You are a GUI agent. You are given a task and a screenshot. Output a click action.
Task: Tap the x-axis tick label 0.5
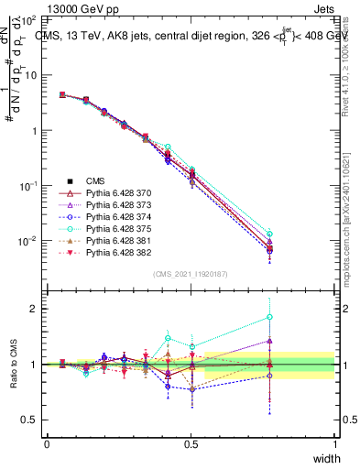(x=191, y=444)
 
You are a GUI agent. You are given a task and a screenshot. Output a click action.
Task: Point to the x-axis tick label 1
(x=335, y=444)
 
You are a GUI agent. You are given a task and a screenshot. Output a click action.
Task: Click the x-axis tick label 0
(x=47, y=444)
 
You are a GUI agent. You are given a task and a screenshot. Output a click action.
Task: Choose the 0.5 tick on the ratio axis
(x=28, y=420)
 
